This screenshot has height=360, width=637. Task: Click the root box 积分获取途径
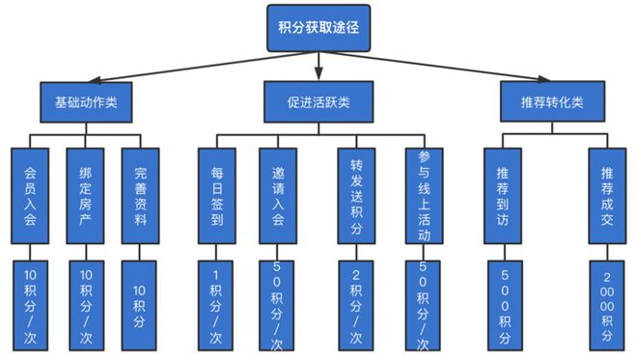[318, 27]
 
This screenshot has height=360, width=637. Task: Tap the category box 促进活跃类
[318, 100]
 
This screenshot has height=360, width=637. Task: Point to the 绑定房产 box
[85, 193]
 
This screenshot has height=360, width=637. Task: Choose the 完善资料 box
[140, 193]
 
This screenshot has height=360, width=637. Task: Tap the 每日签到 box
[216, 193]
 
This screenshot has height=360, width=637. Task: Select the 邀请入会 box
[277, 193]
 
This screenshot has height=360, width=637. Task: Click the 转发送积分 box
[356, 193]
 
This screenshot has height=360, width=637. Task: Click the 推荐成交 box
[606, 193]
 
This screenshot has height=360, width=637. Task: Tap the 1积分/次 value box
[216, 303]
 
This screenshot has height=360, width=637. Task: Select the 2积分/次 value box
[356, 303]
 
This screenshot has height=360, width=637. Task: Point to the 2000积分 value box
[606, 303]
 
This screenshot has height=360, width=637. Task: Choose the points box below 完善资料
[140, 303]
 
